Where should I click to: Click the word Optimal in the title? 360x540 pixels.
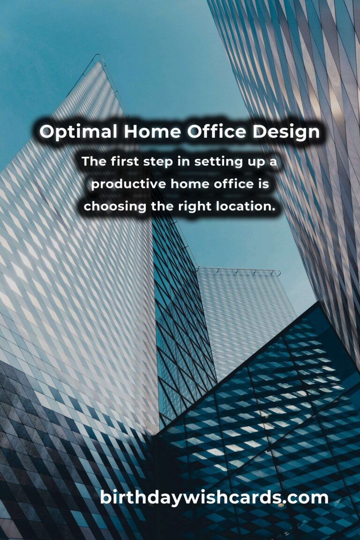[78, 132]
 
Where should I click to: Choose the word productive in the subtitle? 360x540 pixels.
[128, 184]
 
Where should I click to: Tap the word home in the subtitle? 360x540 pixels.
[190, 184]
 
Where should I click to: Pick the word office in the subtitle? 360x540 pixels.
[233, 184]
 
